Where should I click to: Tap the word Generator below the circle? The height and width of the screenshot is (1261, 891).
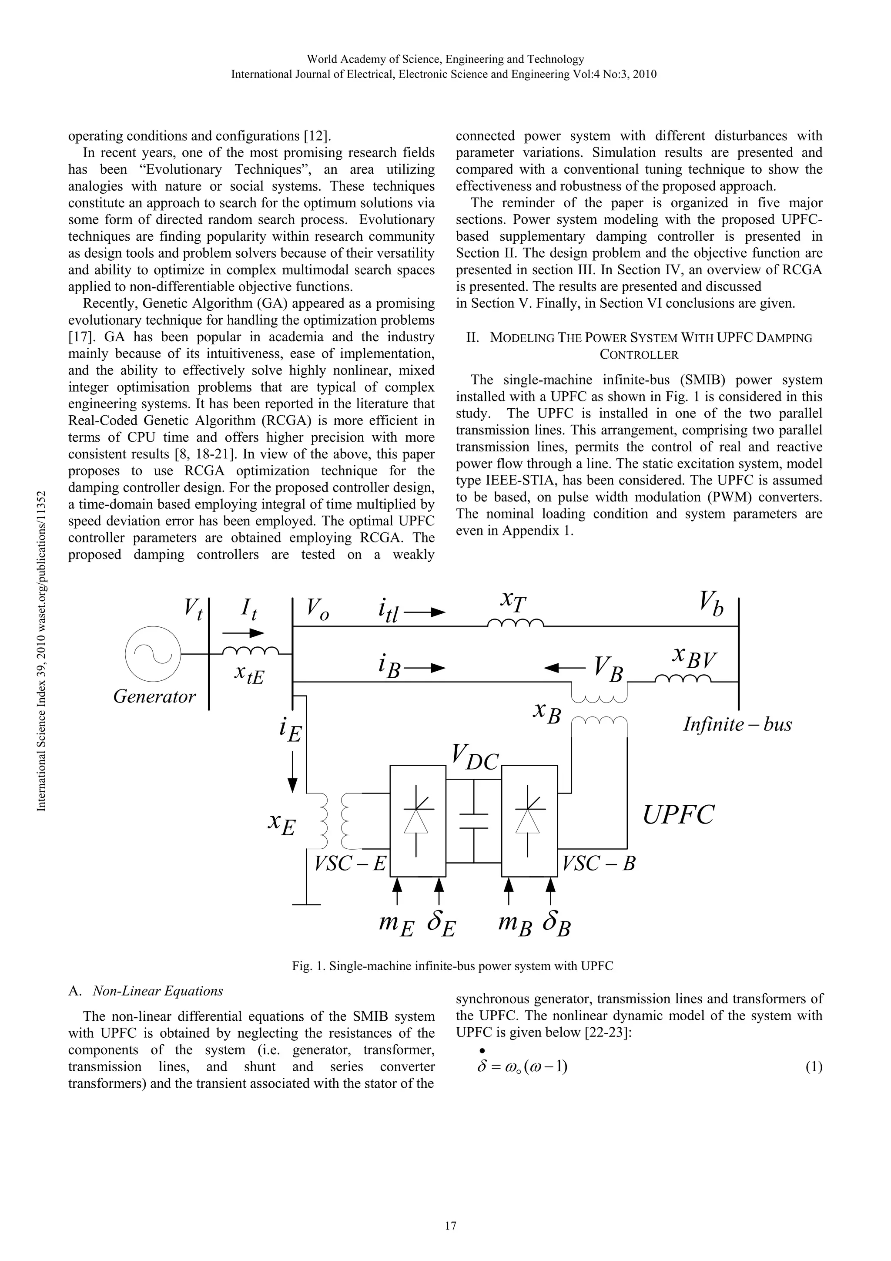pos(154,697)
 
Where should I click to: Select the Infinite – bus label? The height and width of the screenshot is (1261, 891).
pos(737,724)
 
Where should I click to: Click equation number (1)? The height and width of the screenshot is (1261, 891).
pos(814,1067)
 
